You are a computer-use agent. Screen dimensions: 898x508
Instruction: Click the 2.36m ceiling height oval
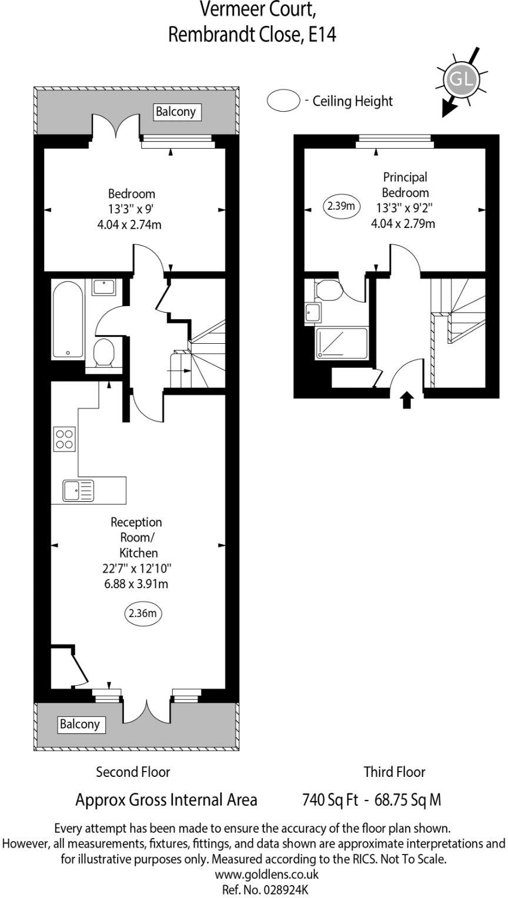point(142,614)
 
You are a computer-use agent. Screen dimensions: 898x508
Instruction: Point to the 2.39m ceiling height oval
point(342,206)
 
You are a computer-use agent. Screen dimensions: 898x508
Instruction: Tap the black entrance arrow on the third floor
point(407,401)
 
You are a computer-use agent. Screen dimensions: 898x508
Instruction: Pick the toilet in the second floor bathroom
point(104,352)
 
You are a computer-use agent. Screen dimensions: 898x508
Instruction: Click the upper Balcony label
point(175,112)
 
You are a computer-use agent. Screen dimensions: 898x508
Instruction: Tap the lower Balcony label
point(80,724)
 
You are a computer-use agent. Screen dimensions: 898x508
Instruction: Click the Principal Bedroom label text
point(405,185)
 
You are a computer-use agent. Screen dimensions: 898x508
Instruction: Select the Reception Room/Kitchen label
point(137,537)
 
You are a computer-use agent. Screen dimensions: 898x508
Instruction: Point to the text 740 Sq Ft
point(330,800)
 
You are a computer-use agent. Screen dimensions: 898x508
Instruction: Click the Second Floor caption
point(133,772)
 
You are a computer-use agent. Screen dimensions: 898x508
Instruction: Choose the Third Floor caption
point(394,772)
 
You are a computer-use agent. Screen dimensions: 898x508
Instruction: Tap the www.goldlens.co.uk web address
point(253,874)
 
